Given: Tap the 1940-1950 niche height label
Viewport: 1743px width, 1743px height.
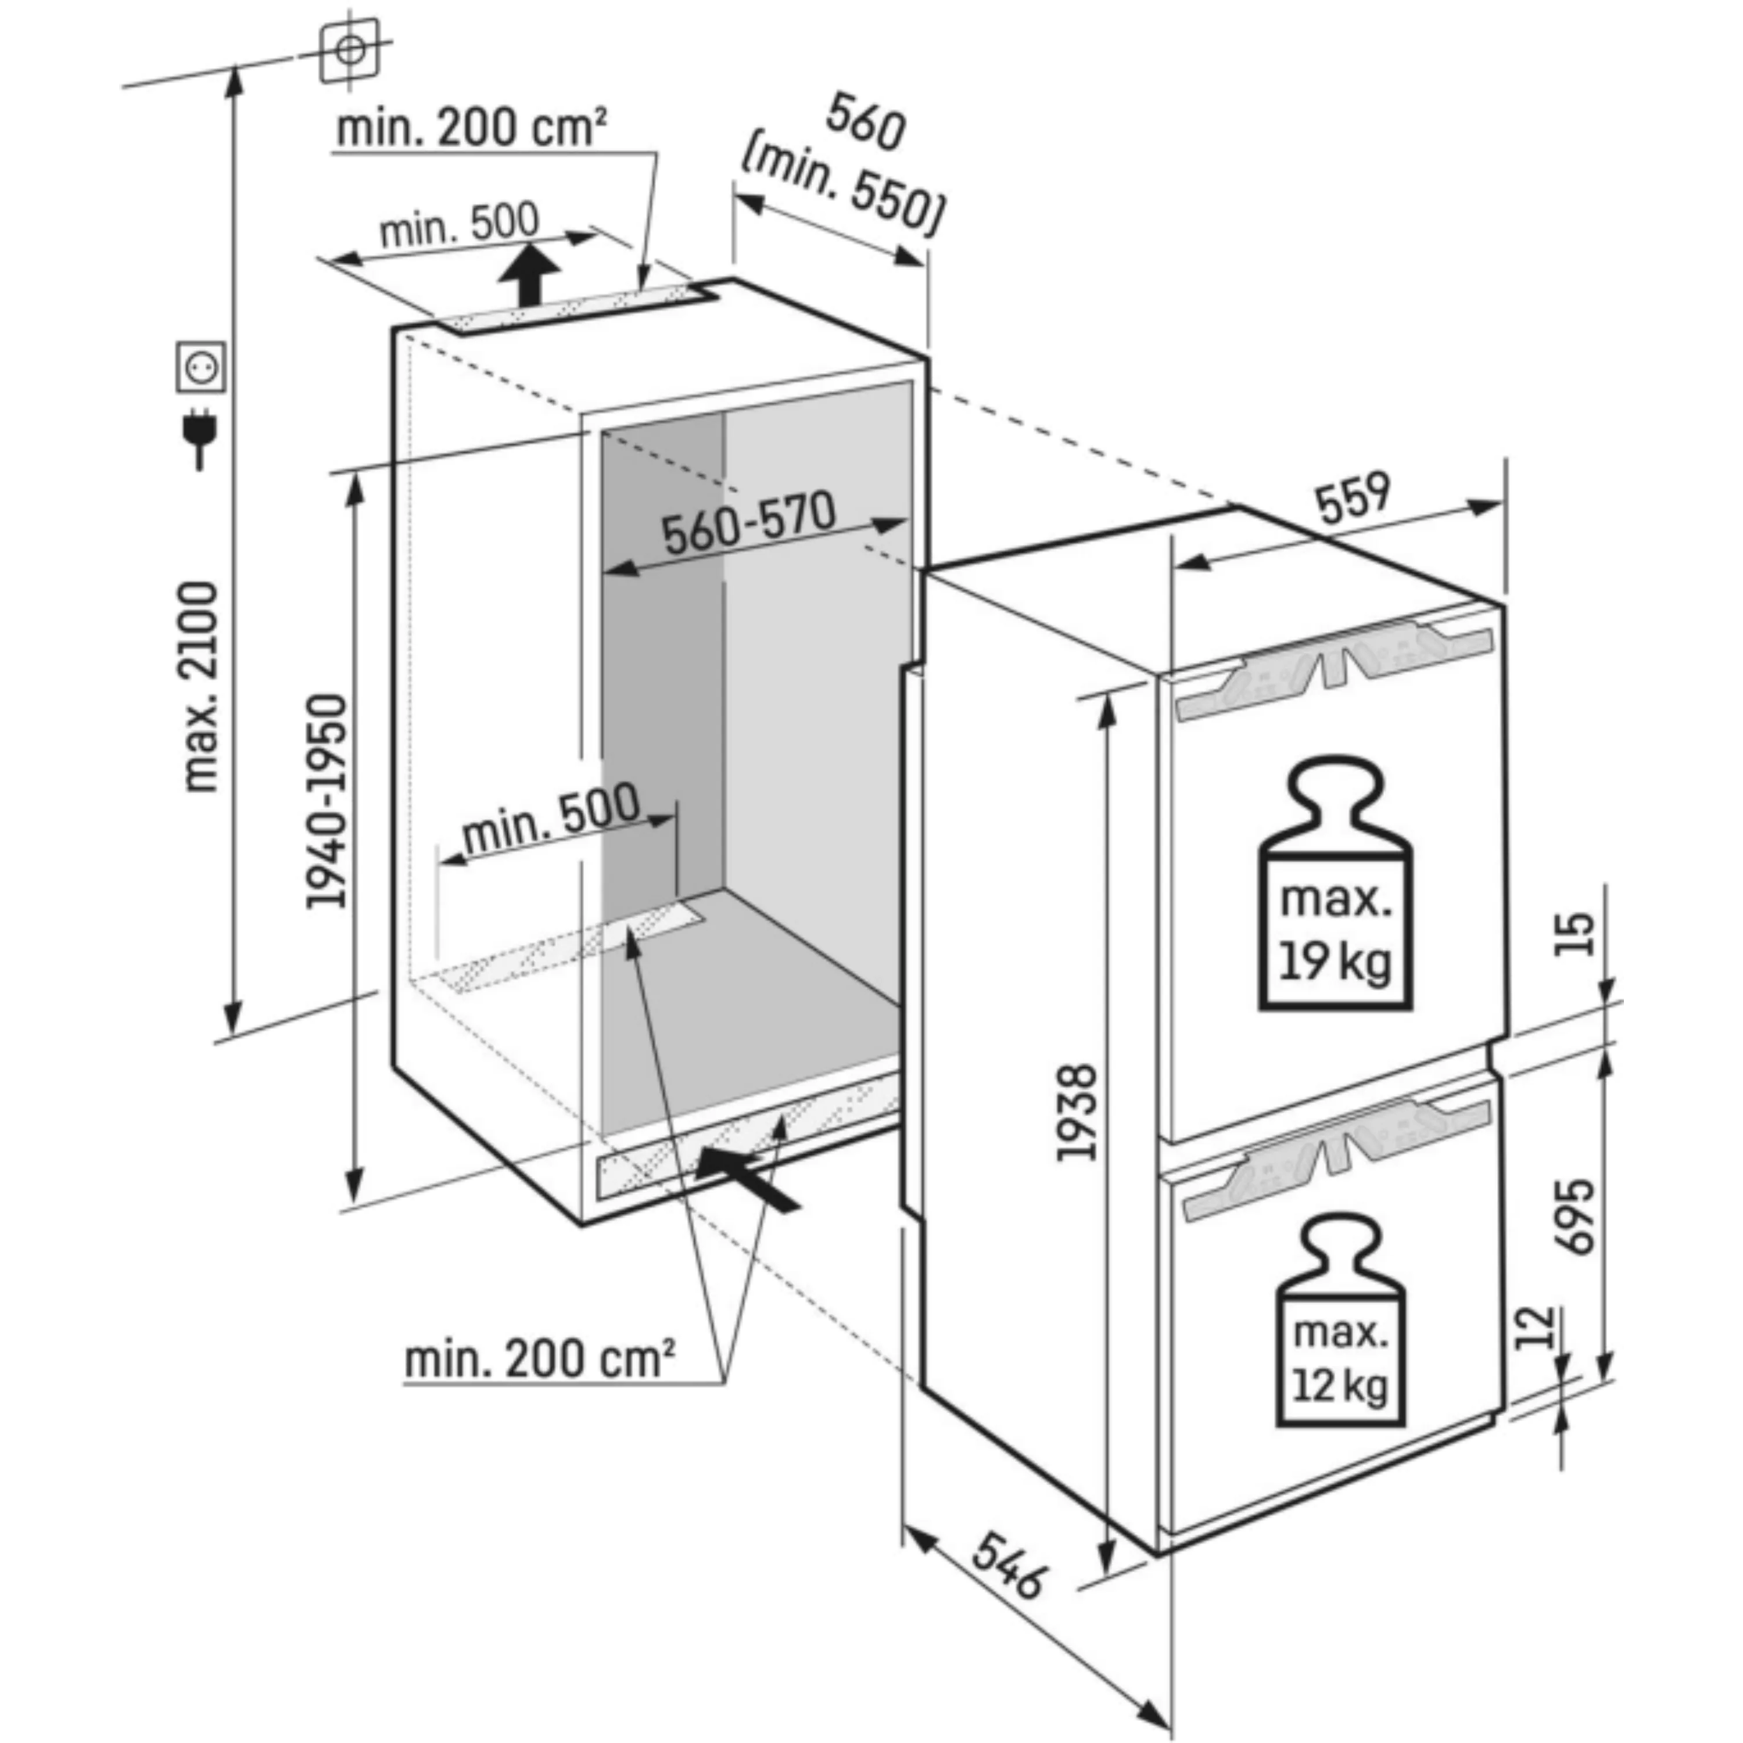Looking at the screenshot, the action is pos(326,801).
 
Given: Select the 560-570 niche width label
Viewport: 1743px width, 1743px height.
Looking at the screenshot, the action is pos(749,523).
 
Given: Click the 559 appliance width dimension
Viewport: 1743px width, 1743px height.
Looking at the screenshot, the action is pos(1353,498).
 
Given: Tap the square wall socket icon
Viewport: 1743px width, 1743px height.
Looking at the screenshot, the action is pos(201,367).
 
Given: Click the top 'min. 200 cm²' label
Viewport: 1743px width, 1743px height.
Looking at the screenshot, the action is pos(472,128).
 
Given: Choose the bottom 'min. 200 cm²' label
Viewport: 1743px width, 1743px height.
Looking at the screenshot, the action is pos(540,1359).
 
